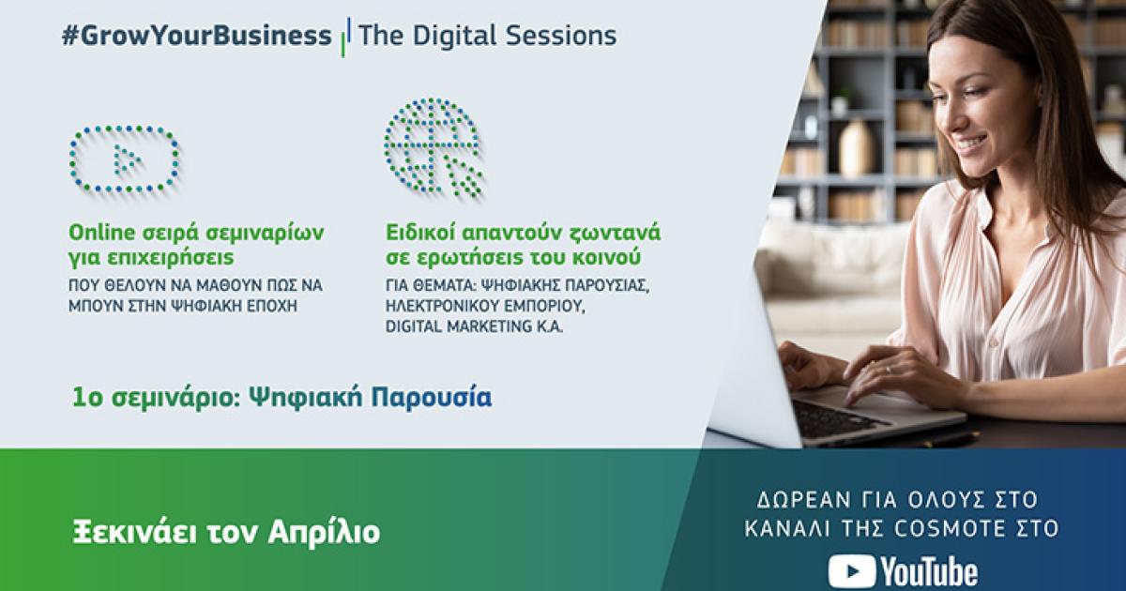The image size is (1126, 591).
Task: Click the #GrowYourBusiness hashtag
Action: tap(196, 37)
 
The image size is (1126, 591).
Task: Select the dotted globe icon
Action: tap(433, 148)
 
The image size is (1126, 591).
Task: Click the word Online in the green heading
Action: tap(102, 233)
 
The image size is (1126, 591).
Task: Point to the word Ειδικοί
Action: tap(420, 233)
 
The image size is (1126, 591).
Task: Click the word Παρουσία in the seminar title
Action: tap(431, 398)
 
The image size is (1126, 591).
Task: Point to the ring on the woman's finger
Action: tap(889, 370)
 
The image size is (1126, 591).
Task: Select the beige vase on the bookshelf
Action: tap(854, 149)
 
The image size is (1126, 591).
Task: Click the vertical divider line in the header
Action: tap(345, 37)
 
